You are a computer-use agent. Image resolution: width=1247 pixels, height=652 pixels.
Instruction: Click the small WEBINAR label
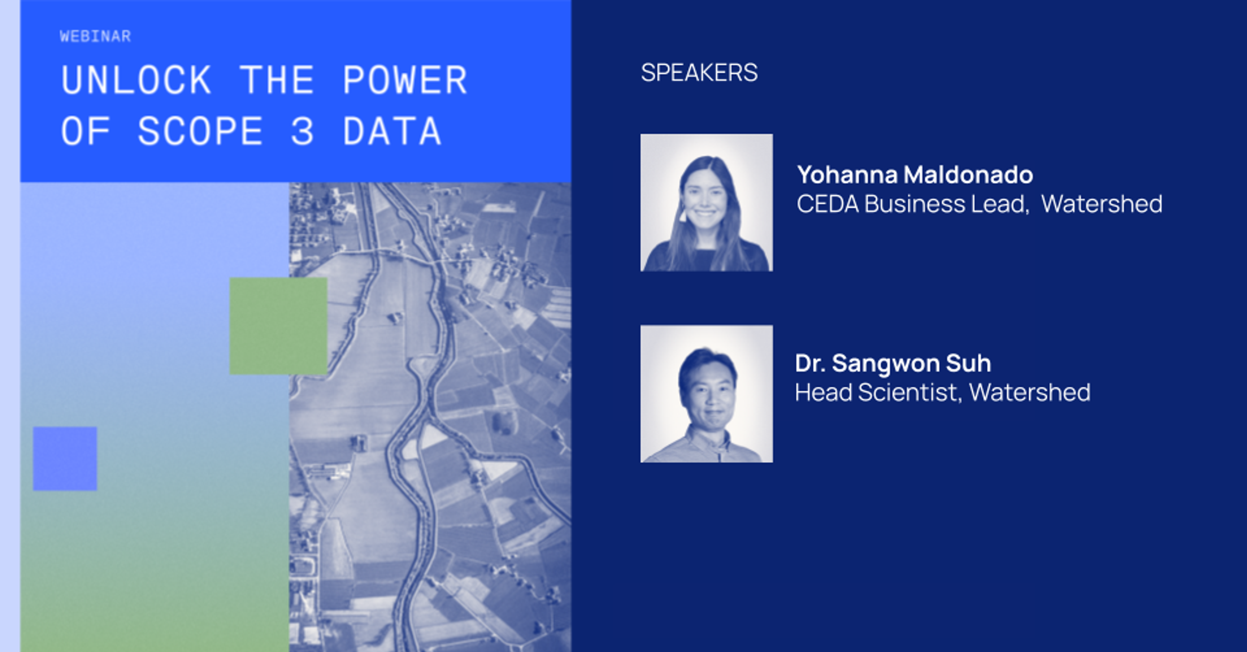point(96,36)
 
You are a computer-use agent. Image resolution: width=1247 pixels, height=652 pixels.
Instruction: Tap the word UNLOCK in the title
point(136,80)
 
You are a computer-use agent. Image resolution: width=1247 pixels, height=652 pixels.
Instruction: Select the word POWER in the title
point(405,80)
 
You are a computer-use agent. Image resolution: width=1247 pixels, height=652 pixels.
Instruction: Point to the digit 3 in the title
point(302,131)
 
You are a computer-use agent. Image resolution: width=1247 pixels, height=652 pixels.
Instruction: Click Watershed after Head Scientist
point(1030,392)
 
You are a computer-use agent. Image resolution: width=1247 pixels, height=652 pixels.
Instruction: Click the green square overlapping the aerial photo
point(278,326)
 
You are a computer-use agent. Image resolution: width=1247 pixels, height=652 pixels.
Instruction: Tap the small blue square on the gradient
point(65,458)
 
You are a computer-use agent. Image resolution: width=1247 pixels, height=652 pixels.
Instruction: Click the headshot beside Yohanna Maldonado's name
point(706,202)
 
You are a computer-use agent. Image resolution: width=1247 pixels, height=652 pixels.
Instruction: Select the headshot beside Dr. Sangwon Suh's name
point(706,393)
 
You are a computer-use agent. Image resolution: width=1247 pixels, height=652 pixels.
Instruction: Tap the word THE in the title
point(277,80)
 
